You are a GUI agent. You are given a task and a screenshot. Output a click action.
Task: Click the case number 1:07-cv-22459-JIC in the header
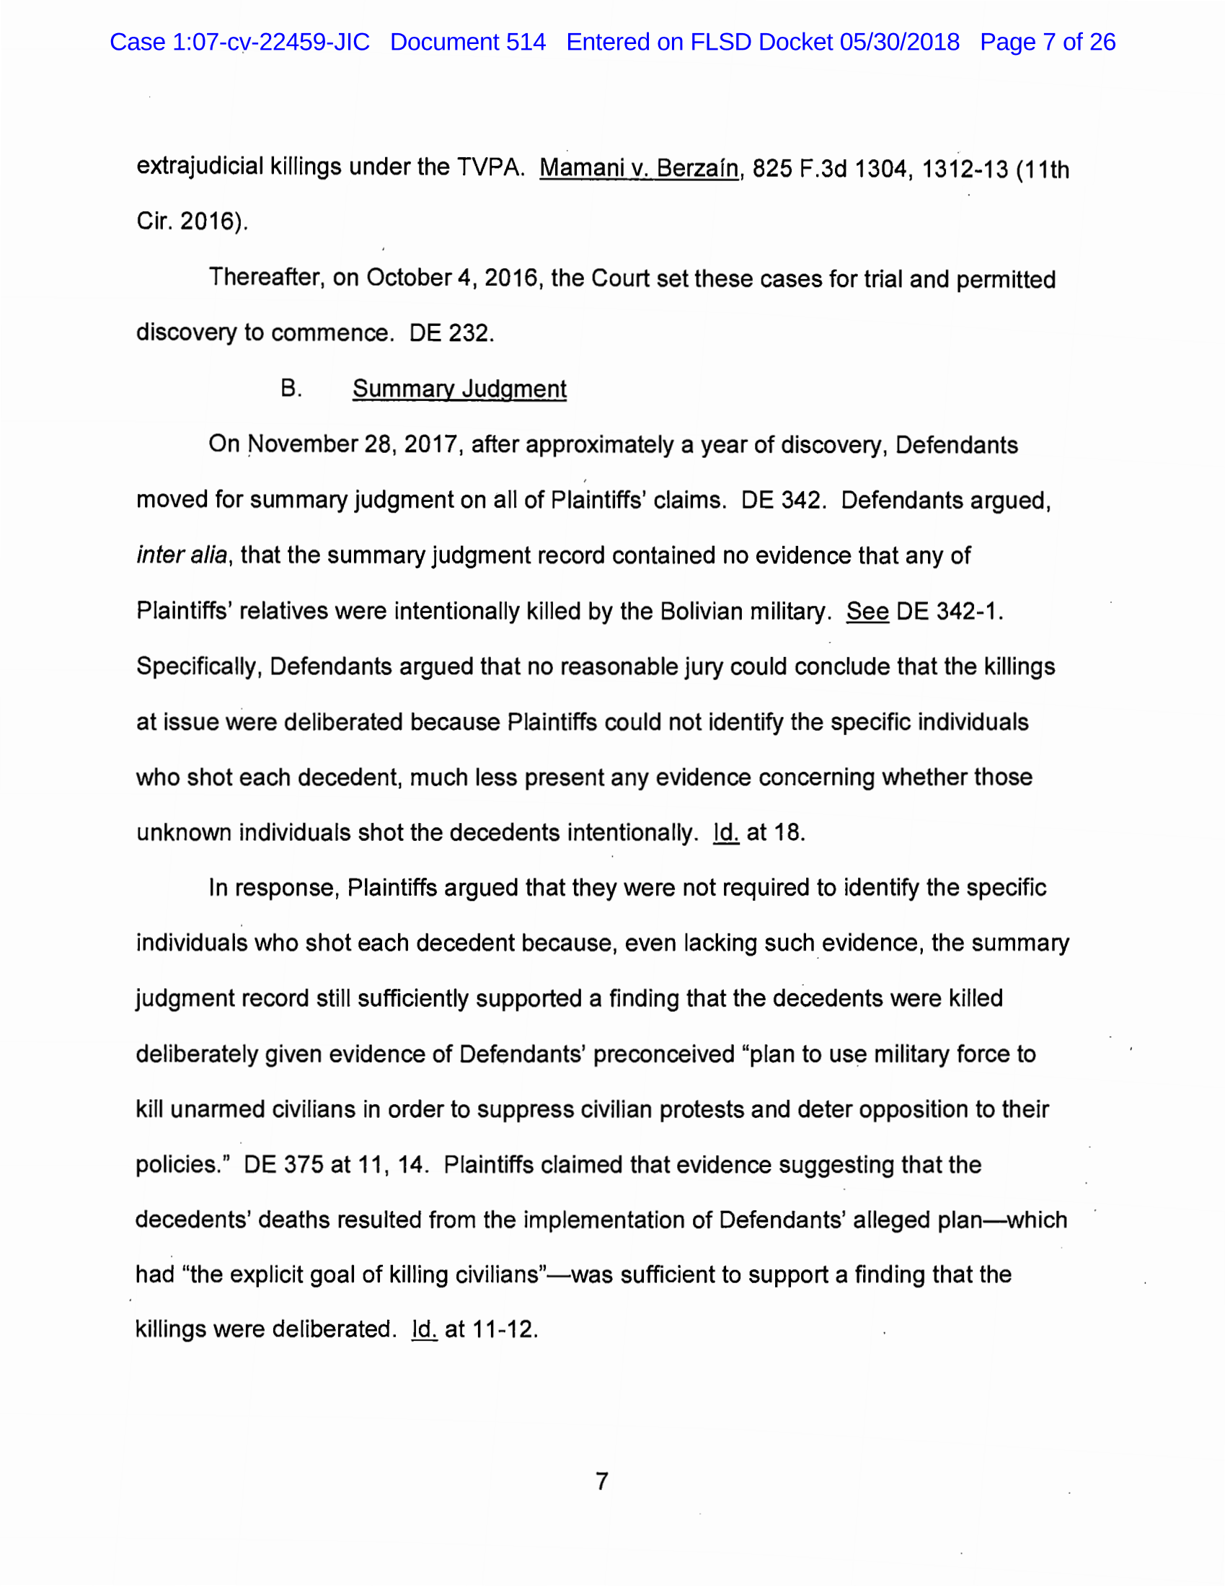270,42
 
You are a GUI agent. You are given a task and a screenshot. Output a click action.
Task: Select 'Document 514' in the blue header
468,42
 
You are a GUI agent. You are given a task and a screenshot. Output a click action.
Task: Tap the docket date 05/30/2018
900,42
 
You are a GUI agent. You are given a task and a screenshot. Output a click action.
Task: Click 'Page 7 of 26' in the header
1047,42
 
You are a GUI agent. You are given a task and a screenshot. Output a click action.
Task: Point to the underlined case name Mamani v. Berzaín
638,169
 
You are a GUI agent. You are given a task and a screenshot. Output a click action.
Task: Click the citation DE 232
451,333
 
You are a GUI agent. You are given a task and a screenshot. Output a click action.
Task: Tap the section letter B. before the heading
291,389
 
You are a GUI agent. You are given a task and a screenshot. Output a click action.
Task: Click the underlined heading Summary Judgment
459,389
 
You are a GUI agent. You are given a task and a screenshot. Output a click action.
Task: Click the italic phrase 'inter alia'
182,555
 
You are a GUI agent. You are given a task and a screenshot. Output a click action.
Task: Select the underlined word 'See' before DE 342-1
867,612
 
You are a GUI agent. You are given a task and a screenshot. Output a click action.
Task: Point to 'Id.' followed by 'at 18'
725,832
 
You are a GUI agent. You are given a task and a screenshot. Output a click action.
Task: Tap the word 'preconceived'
664,1054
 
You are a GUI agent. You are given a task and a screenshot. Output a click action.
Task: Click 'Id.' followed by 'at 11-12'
424,1330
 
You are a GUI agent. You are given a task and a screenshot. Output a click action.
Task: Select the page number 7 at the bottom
602,1481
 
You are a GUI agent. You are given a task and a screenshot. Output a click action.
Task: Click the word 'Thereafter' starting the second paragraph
266,278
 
